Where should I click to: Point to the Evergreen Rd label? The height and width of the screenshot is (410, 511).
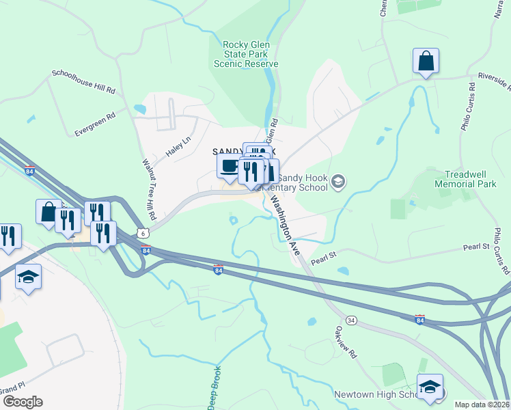coord(95,124)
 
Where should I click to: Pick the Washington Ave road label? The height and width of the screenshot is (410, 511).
coord(285,225)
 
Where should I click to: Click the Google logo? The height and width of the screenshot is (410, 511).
coord(23,401)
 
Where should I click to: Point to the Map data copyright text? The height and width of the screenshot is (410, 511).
coord(482,405)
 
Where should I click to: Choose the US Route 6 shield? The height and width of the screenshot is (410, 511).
coord(143,233)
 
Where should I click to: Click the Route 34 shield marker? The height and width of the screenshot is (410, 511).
coord(351,320)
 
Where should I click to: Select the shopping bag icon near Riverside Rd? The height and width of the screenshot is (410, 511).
coord(426,60)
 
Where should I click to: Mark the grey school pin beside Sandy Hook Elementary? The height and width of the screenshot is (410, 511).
coord(340,181)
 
